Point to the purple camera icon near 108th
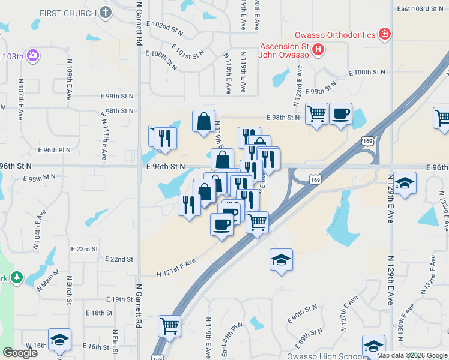(33, 56)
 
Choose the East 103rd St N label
(420, 8)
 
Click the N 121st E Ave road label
(176, 268)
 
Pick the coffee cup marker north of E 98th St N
(340, 113)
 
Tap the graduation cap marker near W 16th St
(59, 340)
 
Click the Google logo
(20, 353)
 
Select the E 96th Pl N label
(54, 150)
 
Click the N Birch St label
(70, 290)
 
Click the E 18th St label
(99, 313)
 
